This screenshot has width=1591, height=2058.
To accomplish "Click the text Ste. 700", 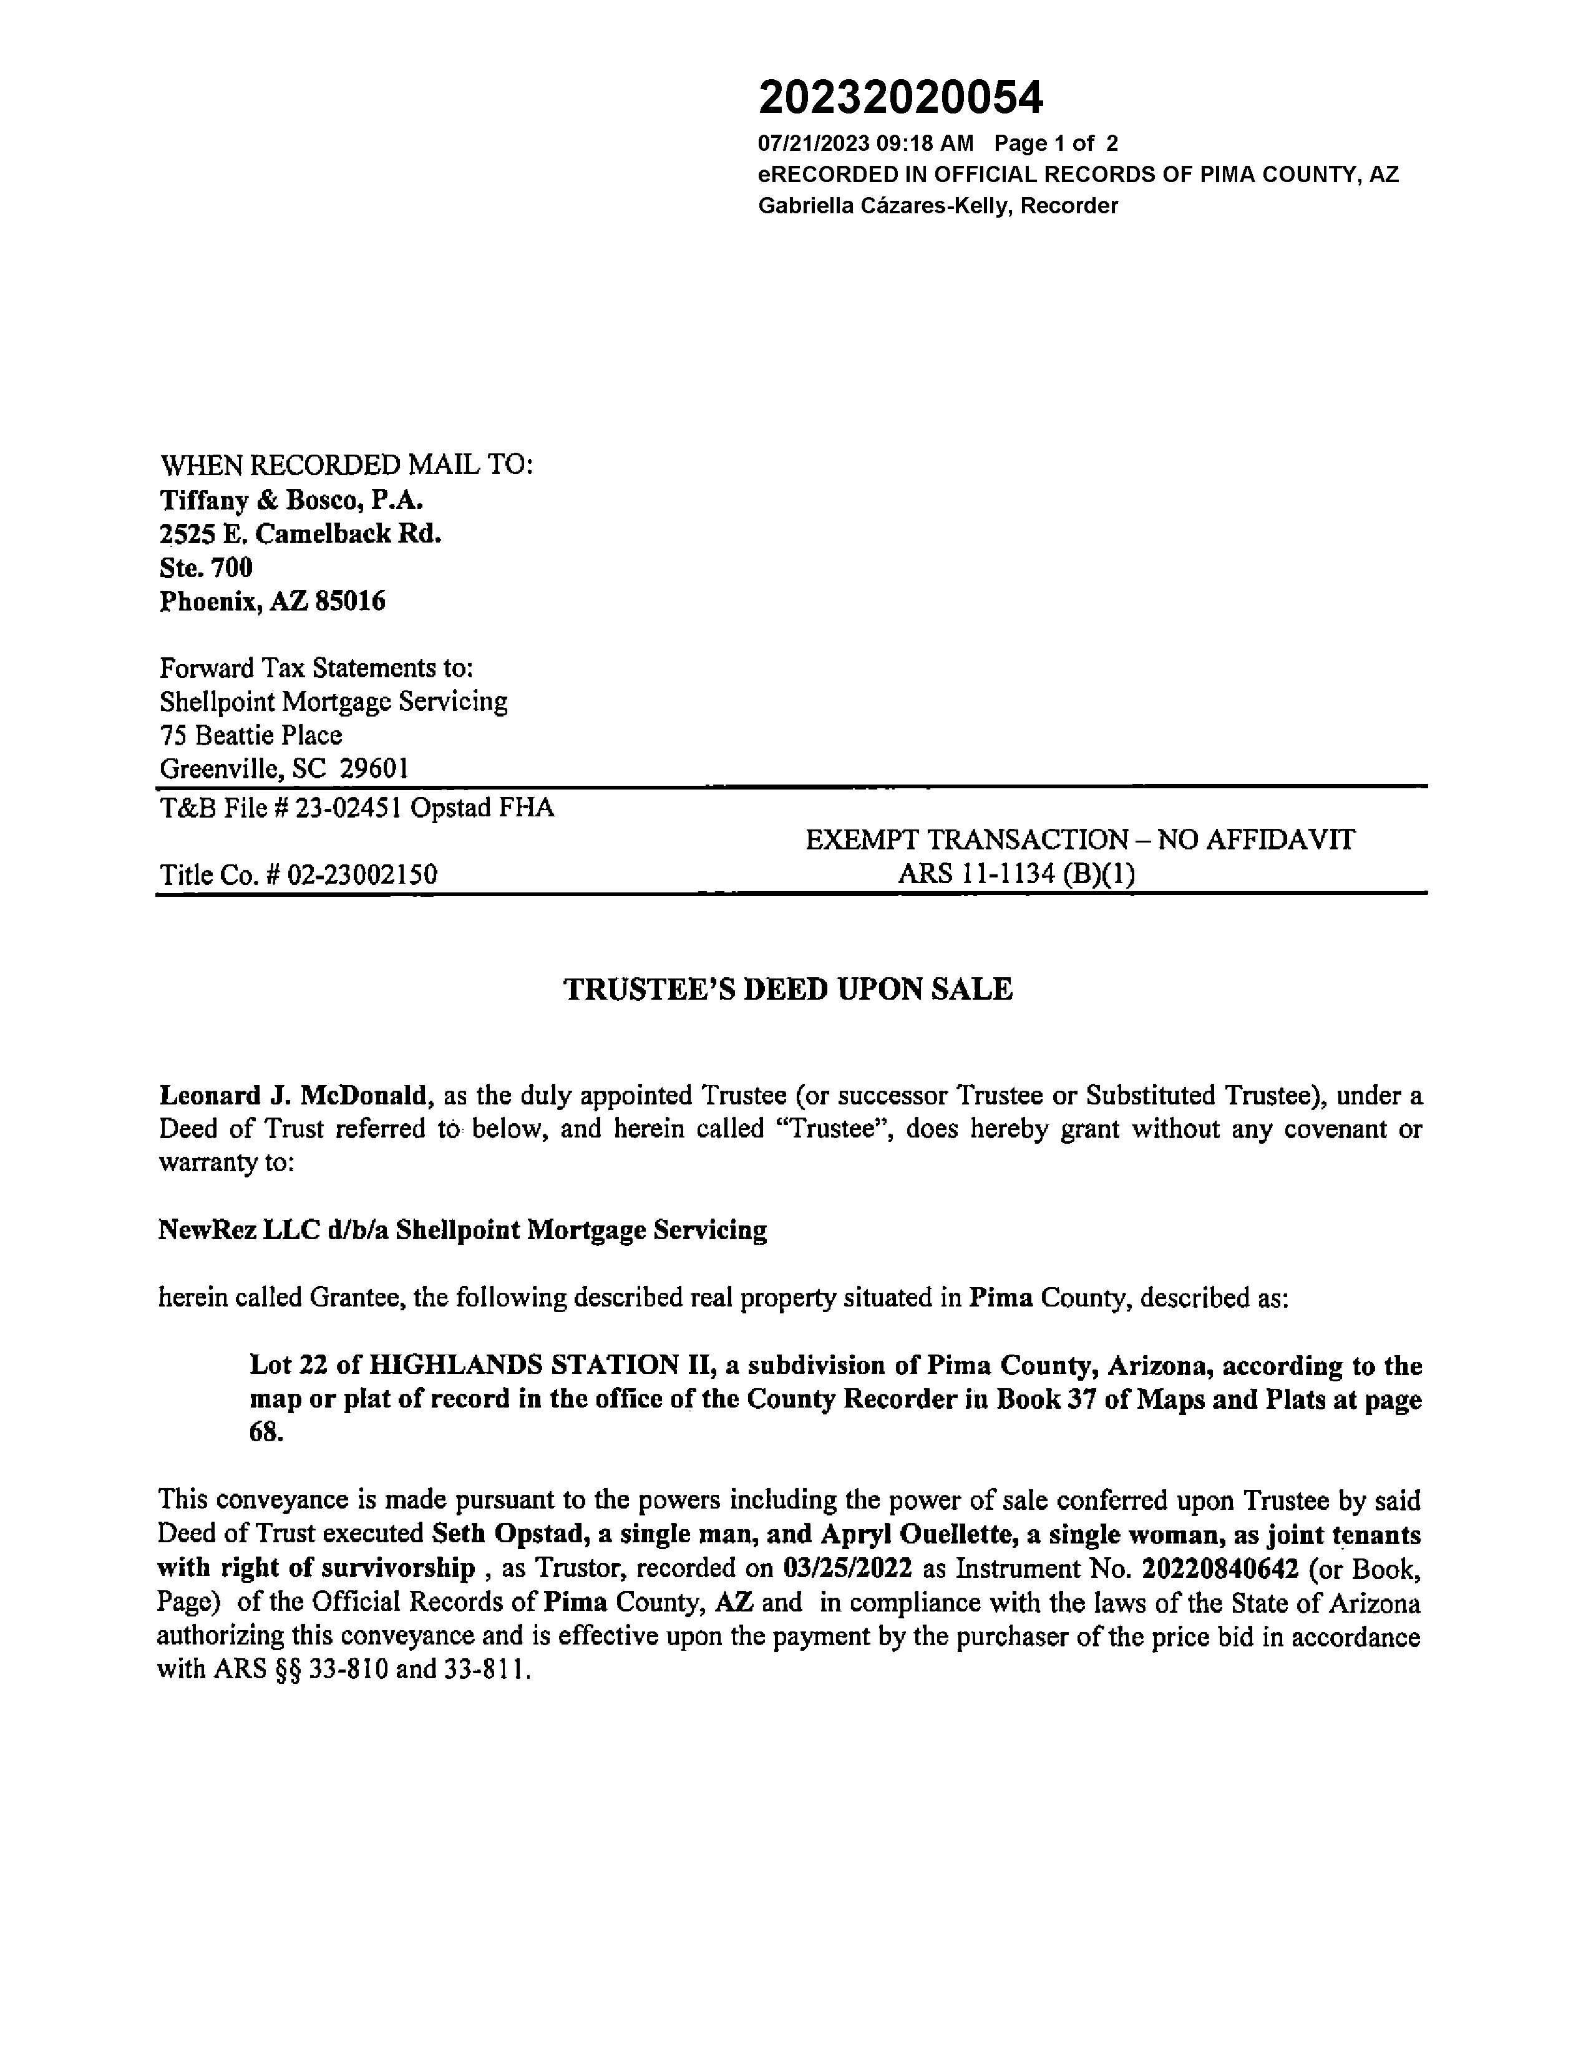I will (205, 568).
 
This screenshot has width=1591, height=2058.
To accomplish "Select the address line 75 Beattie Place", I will (251, 735).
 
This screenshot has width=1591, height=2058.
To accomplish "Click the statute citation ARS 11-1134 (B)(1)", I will (1016, 874).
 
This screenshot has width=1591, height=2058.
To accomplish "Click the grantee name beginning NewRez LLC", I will (462, 1230).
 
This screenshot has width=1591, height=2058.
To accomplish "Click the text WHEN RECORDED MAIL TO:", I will (347, 465).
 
